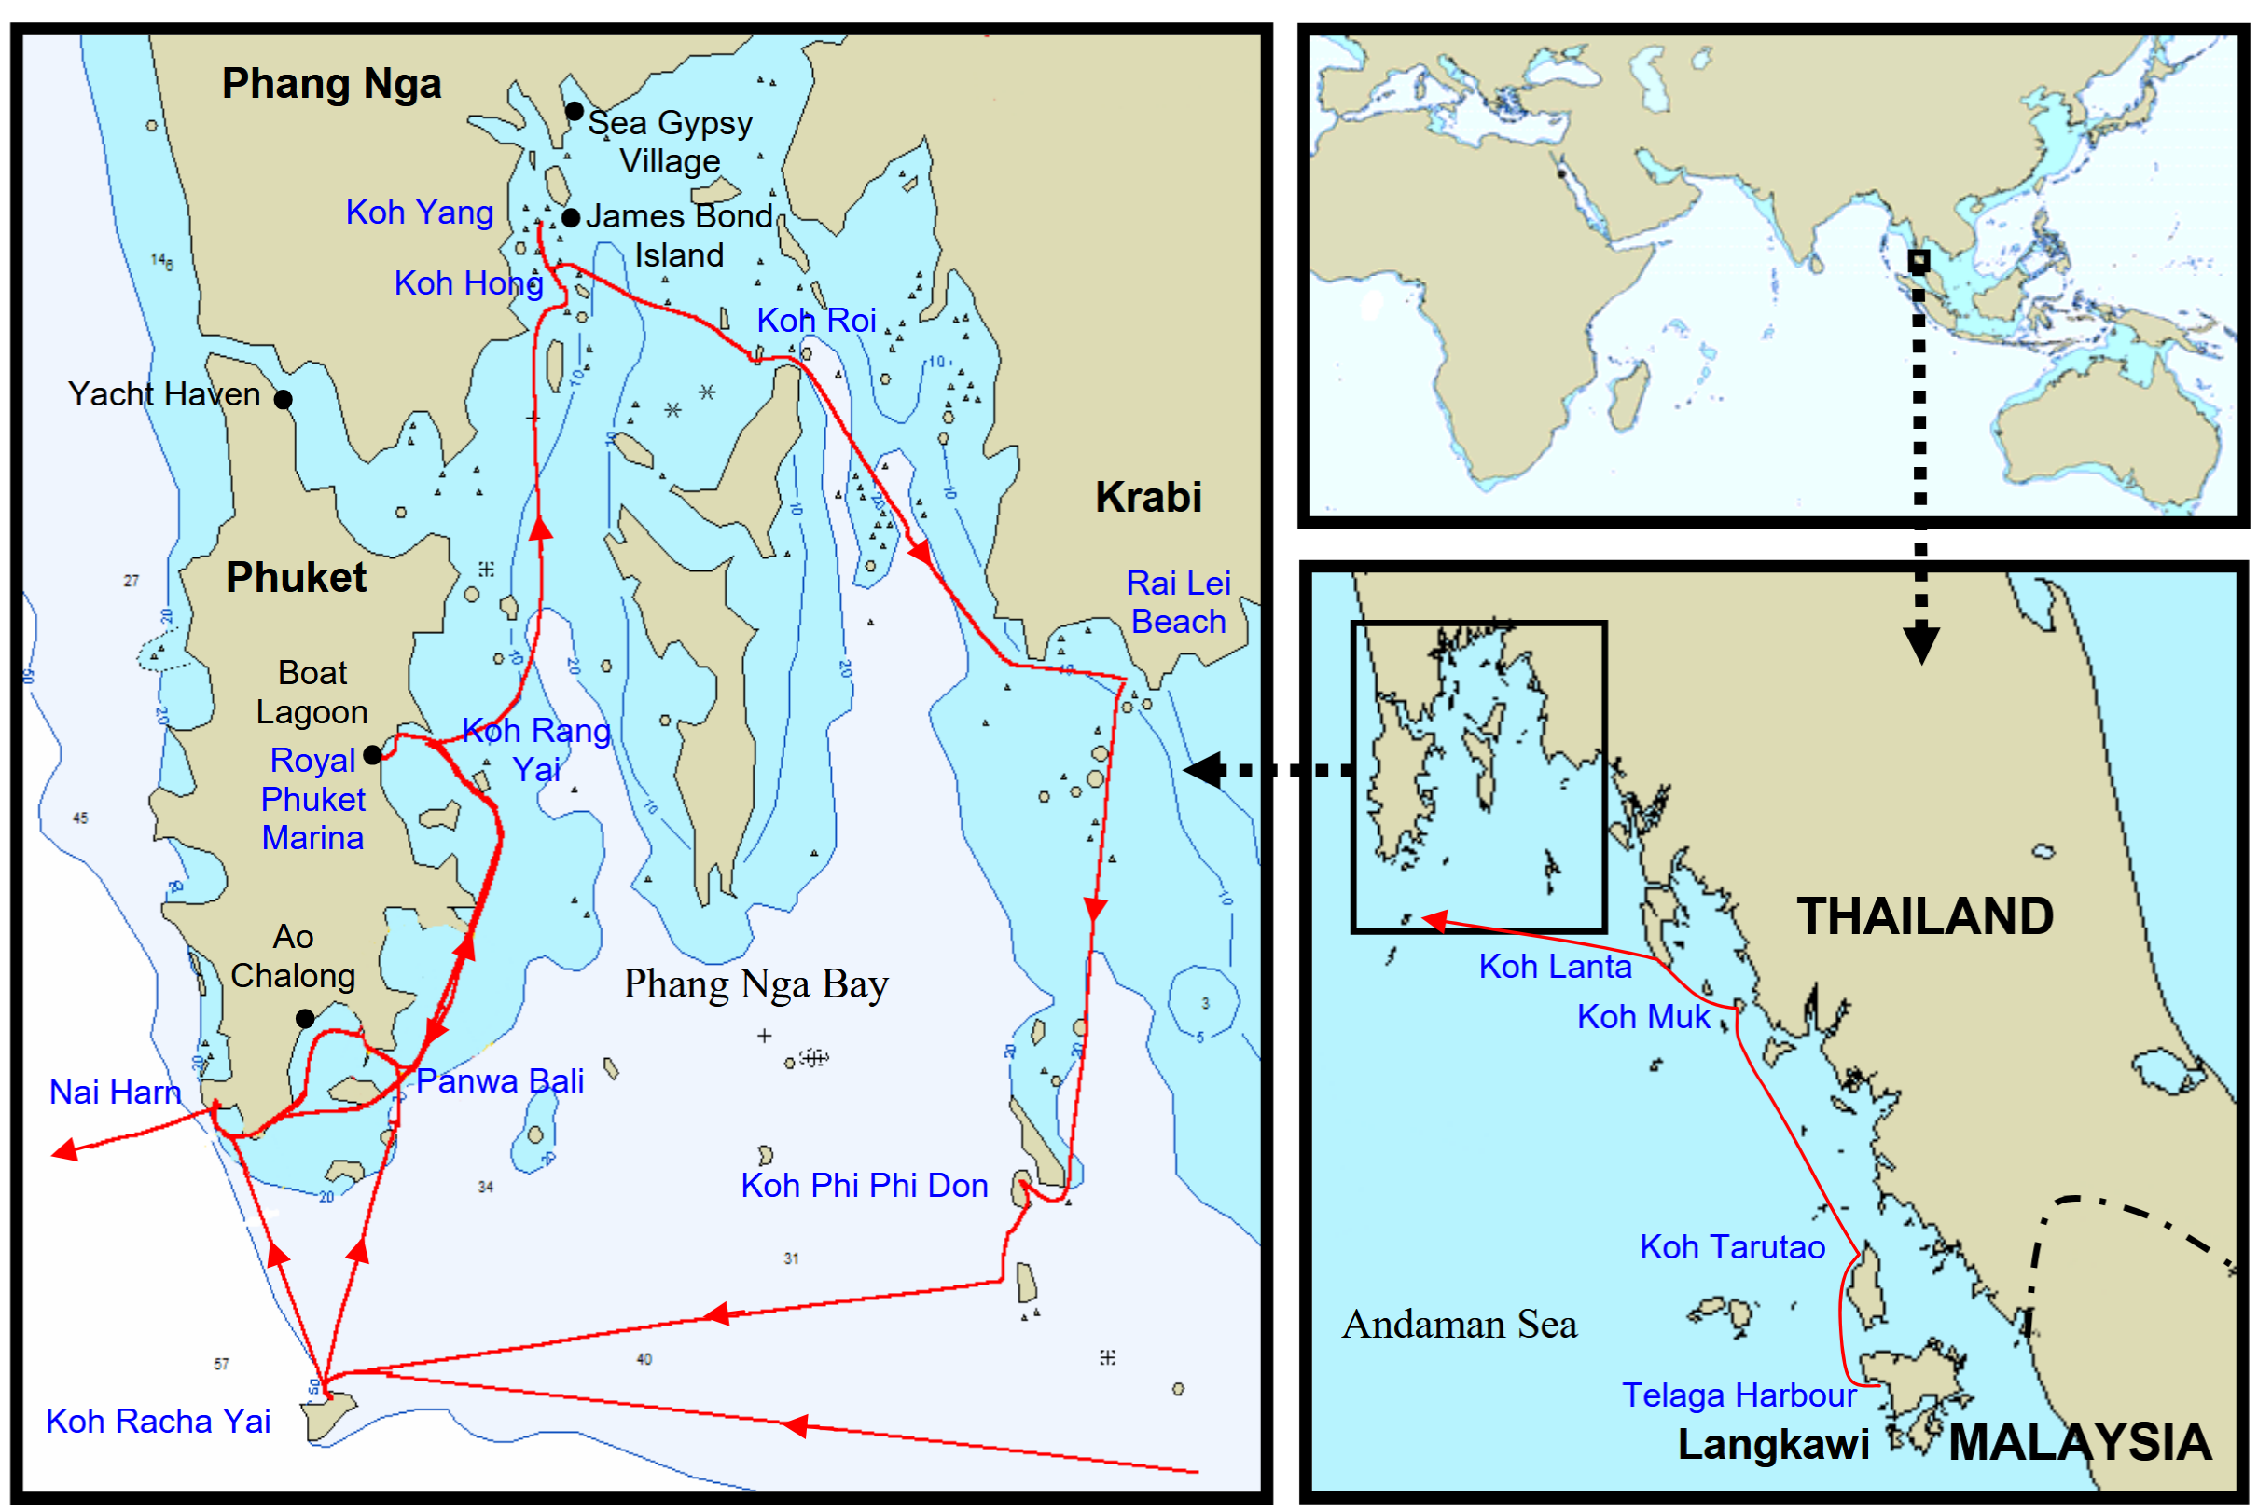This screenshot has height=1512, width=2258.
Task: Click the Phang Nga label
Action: click(331, 84)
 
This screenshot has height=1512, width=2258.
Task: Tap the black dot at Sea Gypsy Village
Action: click(574, 112)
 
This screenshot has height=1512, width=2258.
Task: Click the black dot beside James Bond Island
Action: click(571, 218)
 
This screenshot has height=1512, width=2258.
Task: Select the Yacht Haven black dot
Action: click(283, 399)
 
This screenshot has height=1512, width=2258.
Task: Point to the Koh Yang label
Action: click(420, 213)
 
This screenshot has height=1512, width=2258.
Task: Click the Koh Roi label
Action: click(816, 320)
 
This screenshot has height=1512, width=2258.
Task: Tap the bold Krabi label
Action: click(1148, 498)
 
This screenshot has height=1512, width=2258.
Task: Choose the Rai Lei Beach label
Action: click(1178, 603)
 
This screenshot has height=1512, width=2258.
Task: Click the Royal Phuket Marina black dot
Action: click(372, 754)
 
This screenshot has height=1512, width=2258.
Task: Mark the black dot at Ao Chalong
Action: click(305, 1018)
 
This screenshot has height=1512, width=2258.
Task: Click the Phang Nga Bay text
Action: click(755, 984)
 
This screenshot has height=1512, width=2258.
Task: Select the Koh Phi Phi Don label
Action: click(865, 1185)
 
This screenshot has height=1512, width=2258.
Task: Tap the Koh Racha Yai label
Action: click(159, 1422)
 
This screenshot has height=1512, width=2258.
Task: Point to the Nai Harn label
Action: click(115, 1092)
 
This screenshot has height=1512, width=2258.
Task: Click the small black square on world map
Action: click(1919, 260)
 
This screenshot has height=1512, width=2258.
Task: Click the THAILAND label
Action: click(1924, 916)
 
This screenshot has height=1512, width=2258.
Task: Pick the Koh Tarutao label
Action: click(1732, 1247)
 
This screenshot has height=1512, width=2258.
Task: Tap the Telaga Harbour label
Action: click(1739, 1395)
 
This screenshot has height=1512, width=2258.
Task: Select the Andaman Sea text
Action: click(1460, 1325)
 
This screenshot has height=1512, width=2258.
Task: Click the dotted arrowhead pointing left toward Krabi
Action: click(1203, 769)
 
